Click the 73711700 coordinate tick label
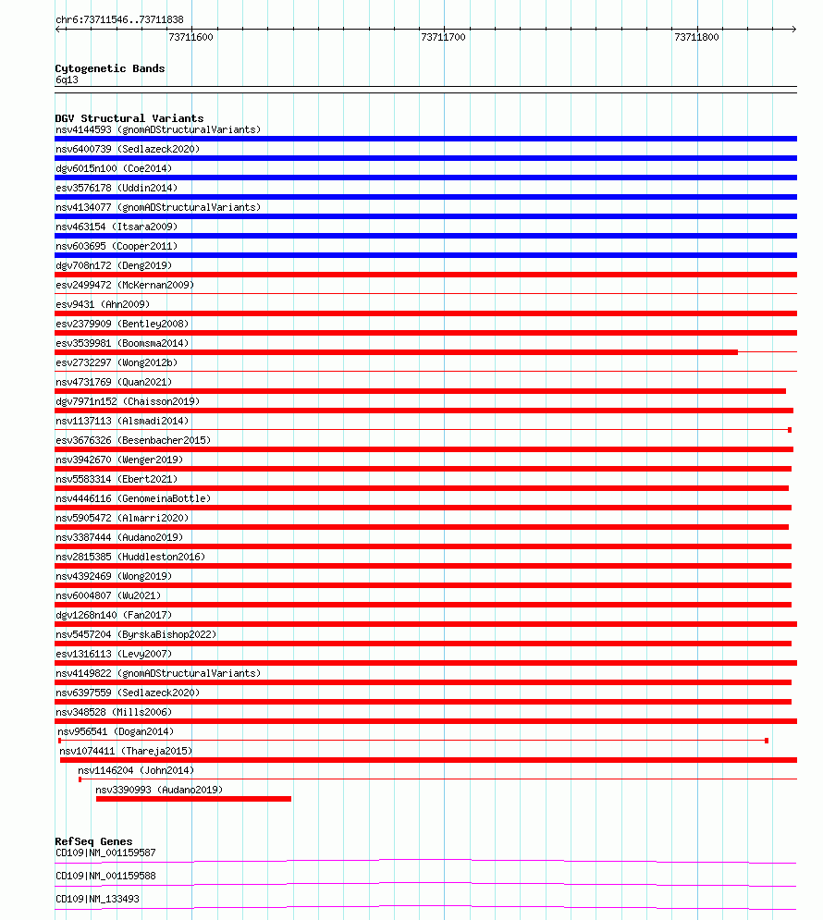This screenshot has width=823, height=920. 443,38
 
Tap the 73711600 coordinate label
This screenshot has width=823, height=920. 190,38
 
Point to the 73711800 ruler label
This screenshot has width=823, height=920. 696,38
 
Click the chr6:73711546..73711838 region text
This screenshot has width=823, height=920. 119,19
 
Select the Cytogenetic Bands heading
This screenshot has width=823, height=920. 110,68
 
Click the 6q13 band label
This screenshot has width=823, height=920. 67,80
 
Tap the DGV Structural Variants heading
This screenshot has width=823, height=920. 129,118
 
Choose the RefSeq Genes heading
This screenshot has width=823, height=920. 93,841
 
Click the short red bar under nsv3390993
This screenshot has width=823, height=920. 193,799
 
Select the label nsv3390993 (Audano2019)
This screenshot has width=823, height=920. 159,790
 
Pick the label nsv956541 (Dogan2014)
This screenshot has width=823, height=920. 116,731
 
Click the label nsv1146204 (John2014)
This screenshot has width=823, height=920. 136,770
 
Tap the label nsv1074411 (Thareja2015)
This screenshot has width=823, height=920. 127,751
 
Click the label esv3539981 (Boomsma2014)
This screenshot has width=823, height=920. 122,343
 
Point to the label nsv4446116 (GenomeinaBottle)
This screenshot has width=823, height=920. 133,498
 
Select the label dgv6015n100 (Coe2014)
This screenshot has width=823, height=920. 113,168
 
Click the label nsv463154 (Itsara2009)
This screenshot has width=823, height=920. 117,227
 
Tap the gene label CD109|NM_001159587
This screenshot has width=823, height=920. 105,853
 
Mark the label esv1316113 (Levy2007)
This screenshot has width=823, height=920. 113,654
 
